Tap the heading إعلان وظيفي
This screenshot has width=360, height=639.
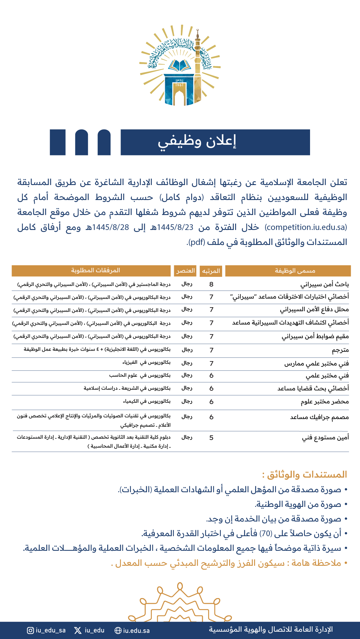coord(197,142)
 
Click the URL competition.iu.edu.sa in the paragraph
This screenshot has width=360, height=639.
coord(306,227)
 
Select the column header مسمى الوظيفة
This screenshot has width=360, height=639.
coord(295,271)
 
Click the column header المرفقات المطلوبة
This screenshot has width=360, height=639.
coord(95,271)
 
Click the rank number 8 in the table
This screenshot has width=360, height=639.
coord(211,285)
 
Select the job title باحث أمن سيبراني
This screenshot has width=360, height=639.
coord(324,285)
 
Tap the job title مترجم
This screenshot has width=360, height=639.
coord(340,350)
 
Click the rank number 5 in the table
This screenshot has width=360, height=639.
coord(211,438)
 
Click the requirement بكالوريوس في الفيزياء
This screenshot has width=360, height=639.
coord(147,362)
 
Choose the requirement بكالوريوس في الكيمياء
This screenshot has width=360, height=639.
coord(147,402)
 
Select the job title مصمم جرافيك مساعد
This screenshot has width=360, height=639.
coord(319,417)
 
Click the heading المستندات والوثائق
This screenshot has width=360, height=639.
coord(304,475)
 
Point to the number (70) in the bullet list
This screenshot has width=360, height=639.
coord(266,534)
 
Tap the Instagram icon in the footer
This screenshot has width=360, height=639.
coord(30,630)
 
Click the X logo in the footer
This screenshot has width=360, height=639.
coord(78,630)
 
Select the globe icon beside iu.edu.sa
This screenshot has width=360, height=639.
coord(118,630)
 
